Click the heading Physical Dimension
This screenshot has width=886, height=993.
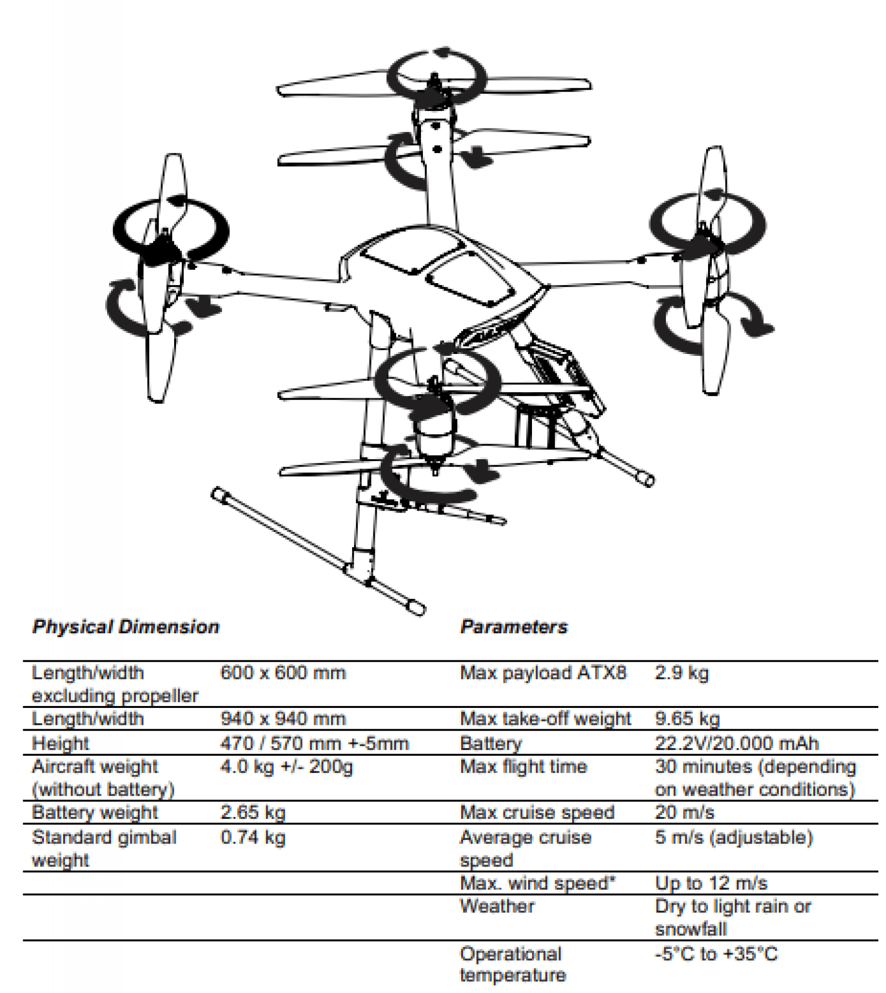coord(126,627)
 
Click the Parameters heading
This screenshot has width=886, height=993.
coord(514,627)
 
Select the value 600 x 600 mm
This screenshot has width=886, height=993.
coord(283,673)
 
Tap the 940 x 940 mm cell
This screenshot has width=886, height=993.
coord(283,719)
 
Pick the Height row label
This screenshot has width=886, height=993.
coord(60,744)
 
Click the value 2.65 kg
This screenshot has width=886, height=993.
coord(253,813)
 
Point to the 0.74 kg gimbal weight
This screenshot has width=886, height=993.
coord(253,838)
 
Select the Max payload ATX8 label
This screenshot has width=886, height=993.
coord(543,673)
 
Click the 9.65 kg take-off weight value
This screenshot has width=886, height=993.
coord(687,719)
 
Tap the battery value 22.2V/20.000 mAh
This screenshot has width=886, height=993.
coord(737,744)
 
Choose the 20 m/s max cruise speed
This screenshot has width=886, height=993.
coord(684,813)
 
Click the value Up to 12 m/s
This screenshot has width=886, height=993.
coord(711,883)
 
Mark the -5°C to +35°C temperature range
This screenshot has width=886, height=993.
coord(716,954)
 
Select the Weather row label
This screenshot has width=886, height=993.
coord(497,906)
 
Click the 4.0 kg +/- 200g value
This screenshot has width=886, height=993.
coord(286,767)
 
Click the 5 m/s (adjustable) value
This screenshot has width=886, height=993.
coord(734,838)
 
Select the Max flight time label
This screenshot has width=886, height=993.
coord(523,767)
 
